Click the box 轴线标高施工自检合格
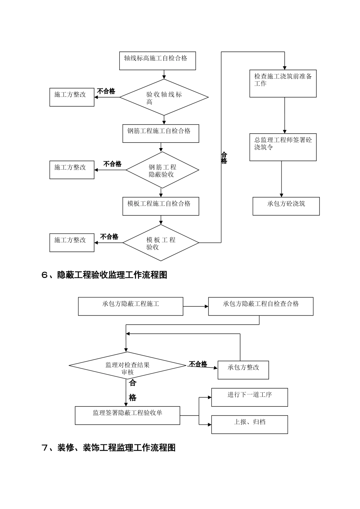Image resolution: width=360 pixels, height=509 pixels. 157,61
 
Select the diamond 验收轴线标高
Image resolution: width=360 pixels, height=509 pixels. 164,97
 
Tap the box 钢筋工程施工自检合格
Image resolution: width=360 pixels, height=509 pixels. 161,133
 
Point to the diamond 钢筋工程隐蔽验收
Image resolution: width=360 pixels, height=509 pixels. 162,170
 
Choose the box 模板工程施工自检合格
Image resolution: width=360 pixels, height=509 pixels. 161,206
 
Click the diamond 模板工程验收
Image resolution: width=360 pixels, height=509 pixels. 161,243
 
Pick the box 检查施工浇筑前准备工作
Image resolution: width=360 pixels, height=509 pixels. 283,83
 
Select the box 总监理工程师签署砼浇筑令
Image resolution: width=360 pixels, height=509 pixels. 283,147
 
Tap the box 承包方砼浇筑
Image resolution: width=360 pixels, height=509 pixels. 286,206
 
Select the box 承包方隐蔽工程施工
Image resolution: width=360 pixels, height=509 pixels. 130,306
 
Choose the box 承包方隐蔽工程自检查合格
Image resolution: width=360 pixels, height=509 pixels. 261,306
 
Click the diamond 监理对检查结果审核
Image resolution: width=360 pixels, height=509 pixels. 127,365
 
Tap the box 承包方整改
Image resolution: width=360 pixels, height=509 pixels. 243,370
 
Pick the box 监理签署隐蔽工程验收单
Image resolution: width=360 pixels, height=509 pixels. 127,415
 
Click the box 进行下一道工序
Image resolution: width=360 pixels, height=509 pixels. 249,397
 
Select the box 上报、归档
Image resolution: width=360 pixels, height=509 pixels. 249,424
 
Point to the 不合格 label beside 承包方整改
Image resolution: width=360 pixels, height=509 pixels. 198,364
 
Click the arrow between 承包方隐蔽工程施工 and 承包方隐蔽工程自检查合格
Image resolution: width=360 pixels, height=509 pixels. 196,306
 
